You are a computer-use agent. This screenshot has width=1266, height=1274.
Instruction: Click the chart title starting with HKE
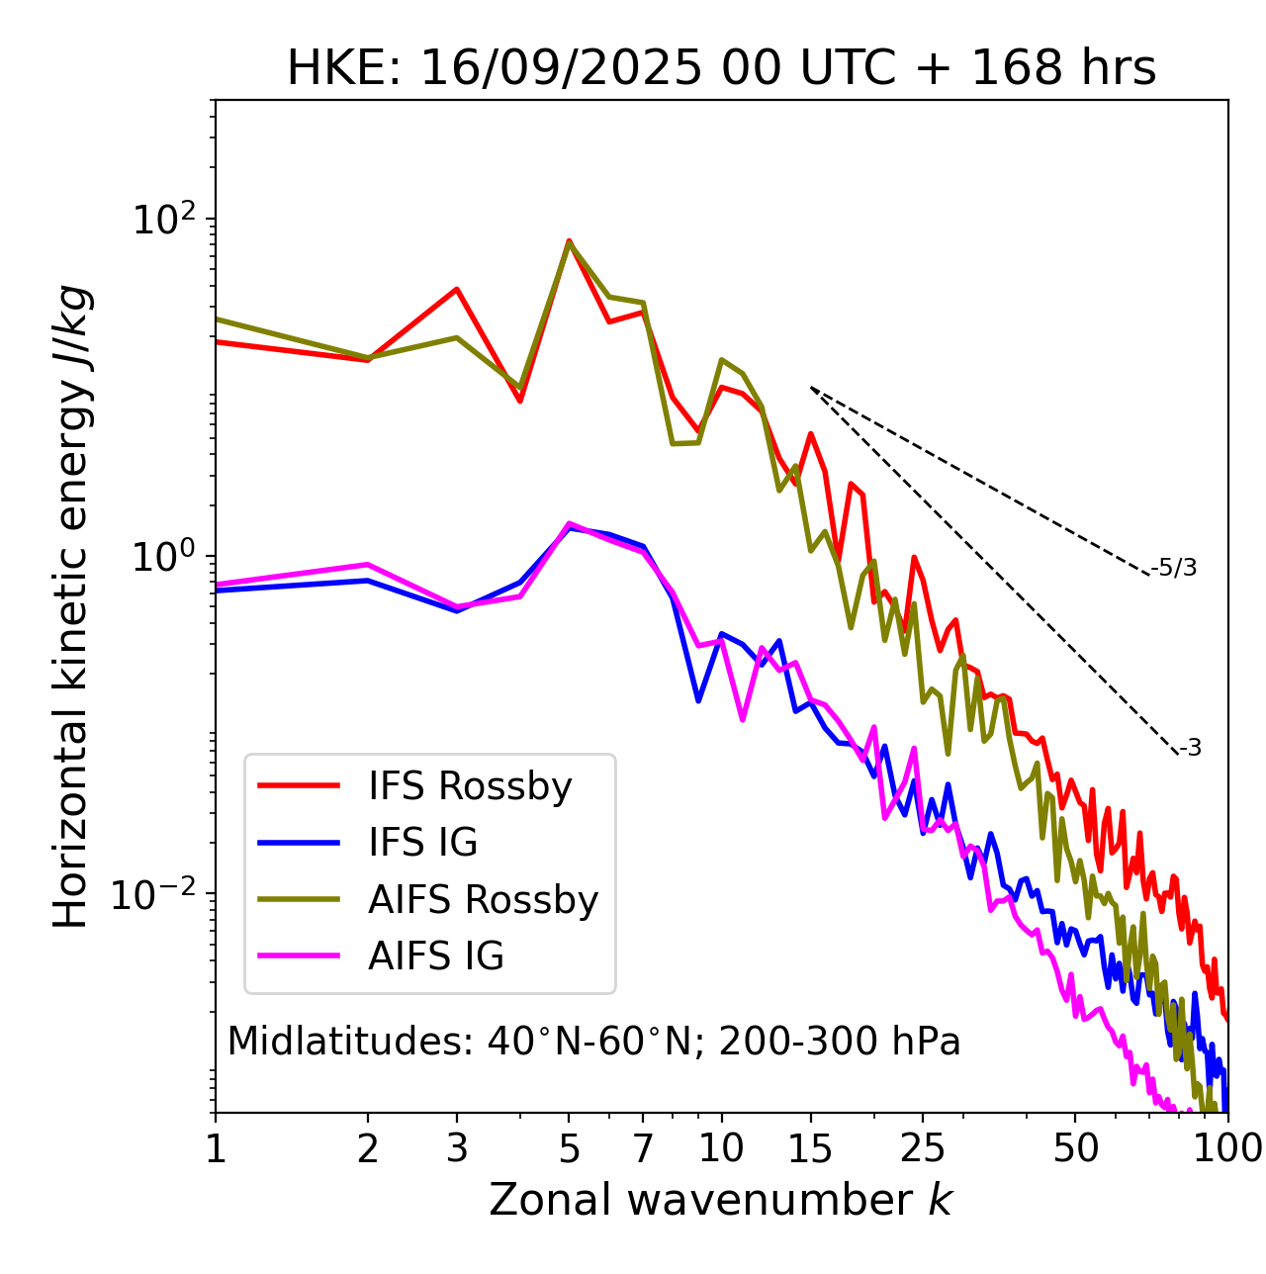click(721, 68)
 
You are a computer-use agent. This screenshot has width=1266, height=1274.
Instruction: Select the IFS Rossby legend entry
click(470, 786)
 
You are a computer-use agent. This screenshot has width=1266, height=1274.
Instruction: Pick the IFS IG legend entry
click(422, 843)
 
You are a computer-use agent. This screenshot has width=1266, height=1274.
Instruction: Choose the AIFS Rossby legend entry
click(483, 900)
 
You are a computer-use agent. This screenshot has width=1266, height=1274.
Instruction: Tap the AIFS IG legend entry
click(435, 956)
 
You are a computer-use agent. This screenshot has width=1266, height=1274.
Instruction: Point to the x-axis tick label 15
click(810, 1148)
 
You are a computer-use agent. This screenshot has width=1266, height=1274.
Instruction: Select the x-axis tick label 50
click(1076, 1148)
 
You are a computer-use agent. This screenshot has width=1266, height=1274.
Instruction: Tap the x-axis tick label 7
click(644, 1148)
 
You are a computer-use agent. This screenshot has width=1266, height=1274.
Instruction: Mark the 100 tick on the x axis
click(1226, 1148)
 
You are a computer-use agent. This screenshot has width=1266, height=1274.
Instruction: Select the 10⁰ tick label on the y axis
click(164, 555)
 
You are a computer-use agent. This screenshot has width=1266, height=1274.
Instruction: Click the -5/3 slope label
click(1174, 568)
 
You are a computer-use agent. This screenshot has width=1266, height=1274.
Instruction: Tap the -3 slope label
click(1190, 749)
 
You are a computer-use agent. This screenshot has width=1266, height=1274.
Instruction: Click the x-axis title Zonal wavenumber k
click(721, 1200)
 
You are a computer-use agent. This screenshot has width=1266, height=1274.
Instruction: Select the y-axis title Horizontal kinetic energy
click(71, 606)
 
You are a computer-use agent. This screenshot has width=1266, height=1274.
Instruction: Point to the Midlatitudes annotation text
click(593, 1042)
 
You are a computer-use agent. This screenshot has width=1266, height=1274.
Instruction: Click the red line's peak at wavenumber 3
click(456, 289)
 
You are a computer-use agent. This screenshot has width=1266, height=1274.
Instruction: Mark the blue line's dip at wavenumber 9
click(698, 700)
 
